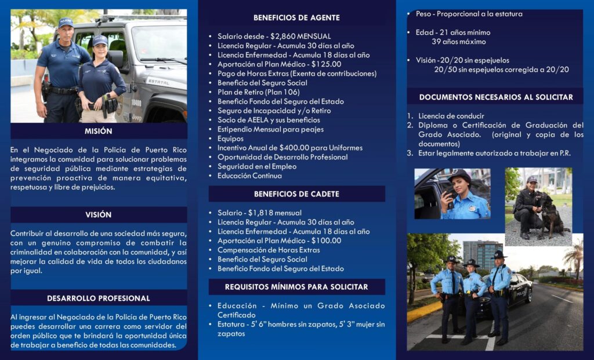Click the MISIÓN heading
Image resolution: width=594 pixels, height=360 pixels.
(98, 131)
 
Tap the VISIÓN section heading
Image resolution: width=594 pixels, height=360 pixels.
(98, 214)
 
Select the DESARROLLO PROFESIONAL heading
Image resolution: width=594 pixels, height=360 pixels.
(98, 298)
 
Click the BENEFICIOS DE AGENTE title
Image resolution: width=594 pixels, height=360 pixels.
(296, 17)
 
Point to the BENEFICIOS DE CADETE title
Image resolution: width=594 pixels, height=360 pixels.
(296, 194)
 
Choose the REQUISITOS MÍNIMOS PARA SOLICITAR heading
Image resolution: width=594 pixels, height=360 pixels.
(296, 287)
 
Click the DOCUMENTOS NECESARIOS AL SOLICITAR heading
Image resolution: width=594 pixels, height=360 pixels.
(496, 97)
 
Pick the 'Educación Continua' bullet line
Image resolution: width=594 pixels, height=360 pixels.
(249, 176)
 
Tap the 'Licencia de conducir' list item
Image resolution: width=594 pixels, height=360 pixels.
(451, 116)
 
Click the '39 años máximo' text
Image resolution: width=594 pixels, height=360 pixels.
(459, 42)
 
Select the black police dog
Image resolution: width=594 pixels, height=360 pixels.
(551, 216)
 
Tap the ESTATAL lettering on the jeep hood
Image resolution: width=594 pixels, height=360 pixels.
(158, 82)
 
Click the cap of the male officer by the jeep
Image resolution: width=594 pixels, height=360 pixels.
(66, 22)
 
